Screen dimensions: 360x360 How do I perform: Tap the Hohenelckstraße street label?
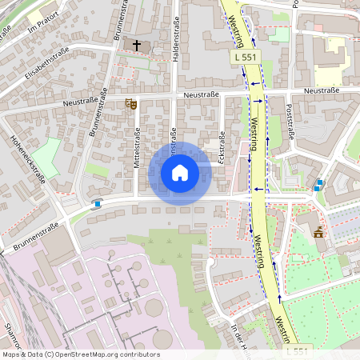click(26, 159)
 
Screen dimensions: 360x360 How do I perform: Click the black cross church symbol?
click(138, 46)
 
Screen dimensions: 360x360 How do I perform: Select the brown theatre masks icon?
click(132, 103)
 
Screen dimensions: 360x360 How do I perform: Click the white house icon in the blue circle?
click(180, 173)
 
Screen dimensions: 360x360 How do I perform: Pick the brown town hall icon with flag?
click(318, 232)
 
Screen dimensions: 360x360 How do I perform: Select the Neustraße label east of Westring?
click(322, 90)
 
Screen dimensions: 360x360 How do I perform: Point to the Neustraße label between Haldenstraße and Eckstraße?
click(201, 95)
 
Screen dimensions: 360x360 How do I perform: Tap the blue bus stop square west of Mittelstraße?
click(98, 204)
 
